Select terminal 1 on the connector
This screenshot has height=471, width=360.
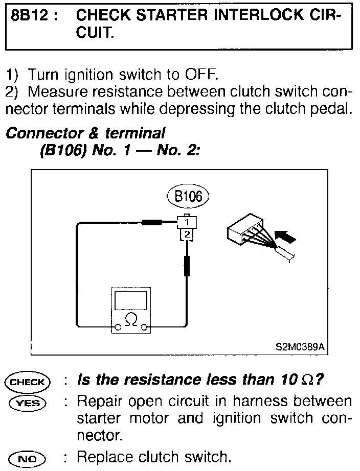pyautogui.click(x=188, y=222)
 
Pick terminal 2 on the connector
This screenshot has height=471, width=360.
pyautogui.click(x=188, y=234)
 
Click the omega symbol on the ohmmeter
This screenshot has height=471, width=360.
pyautogui.click(x=131, y=320)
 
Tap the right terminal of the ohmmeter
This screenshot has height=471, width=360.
pyautogui.click(x=145, y=326)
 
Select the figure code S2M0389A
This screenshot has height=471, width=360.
pyautogui.click(x=300, y=346)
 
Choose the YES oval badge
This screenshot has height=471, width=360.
pyautogui.click(x=27, y=403)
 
